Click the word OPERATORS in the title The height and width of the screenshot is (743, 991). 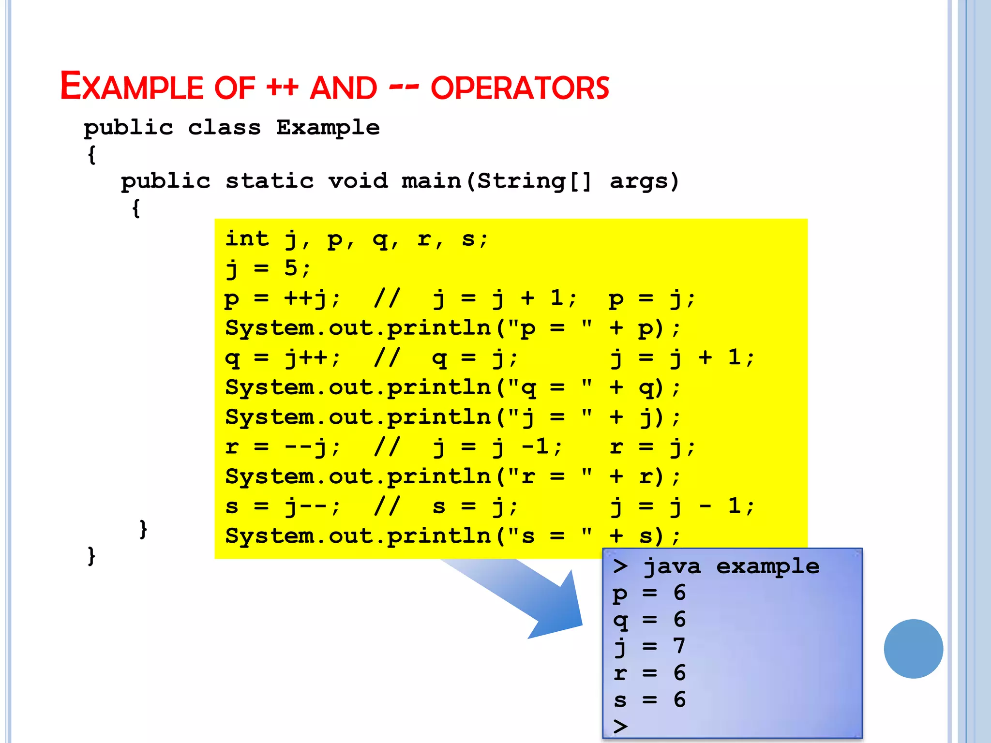tap(520, 88)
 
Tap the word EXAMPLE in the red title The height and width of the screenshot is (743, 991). tap(132, 87)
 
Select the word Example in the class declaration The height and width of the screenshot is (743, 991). tap(328, 128)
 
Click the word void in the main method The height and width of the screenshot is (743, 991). tap(358, 181)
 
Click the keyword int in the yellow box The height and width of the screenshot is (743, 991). tap(247, 238)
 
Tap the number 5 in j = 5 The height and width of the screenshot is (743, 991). tap(291, 268)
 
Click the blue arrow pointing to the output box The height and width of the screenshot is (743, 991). tap(532, 600)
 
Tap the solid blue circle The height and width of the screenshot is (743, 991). tap(913, 649)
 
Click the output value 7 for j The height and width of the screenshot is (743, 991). tap(679, 646)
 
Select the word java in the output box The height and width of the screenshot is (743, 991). tap(672, 566)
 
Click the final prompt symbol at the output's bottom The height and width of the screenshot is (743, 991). tap(620, 726)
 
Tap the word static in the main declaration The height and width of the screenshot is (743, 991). tap(270, 181)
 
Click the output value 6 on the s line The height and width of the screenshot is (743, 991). tap(679, 699)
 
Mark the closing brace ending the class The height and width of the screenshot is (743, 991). tap(91, 556)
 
